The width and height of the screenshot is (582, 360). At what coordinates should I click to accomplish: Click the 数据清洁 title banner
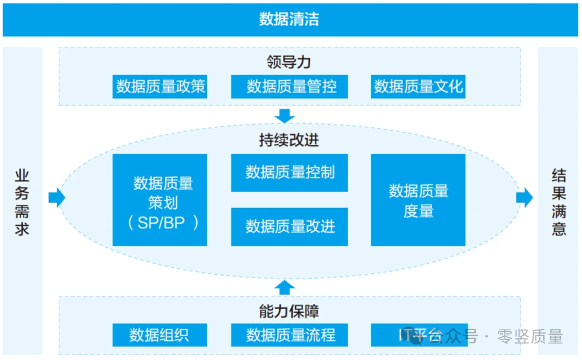[289, 20]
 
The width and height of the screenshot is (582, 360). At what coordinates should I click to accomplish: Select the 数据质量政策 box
[161, 87]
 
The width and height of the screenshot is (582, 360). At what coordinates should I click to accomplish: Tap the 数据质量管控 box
[289, 87]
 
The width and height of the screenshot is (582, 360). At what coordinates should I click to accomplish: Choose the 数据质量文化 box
[418, 87]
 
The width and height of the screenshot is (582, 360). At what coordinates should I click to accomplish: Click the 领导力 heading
[289, 62]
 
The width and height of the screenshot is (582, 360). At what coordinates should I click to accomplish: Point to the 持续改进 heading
[289, 140]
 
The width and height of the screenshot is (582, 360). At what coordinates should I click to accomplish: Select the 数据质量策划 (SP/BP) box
[160, 200]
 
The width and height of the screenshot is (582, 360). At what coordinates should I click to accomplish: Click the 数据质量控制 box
[289, 172]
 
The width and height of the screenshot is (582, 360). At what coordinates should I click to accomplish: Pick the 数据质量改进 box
[289, 226]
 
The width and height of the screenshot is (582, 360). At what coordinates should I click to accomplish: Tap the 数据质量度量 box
[418, 200]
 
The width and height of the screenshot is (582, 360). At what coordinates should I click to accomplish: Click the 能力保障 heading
[289, 311]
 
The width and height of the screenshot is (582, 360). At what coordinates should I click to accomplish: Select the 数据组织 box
[160, 335]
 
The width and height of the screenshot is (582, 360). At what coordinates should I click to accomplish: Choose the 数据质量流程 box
[289, 335]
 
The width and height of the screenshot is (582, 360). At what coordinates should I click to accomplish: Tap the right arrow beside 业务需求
[57, 198]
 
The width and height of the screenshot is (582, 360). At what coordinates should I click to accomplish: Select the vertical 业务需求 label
[22, 203]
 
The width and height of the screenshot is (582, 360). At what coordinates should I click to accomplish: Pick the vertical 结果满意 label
[559, 203]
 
